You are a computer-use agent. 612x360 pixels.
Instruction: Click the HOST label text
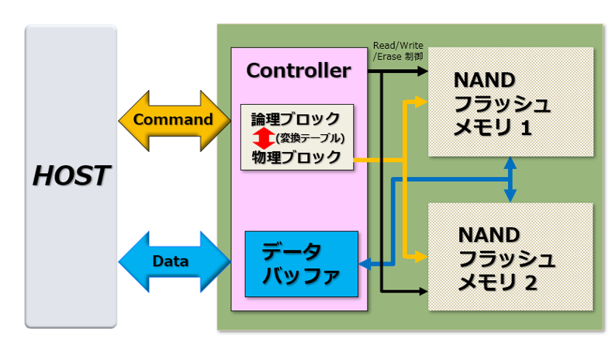coord(71,175)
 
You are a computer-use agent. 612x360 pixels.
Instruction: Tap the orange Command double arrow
coord(175,121)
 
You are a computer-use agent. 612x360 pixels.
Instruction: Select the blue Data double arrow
coord(175,261)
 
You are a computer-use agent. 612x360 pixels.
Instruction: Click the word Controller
coord(299,71)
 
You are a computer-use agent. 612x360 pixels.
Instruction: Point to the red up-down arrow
coord(264,138)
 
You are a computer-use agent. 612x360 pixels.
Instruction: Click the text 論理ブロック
coord(296,119)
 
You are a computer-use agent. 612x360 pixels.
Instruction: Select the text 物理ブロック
coord(296,157)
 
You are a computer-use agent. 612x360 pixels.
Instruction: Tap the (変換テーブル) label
coord(310,138)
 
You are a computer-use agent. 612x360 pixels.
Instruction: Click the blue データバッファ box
coord(301,264)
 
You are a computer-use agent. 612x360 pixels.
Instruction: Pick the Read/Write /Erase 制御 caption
coord(398,51)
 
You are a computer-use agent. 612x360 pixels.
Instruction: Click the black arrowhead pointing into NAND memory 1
coord(423,71)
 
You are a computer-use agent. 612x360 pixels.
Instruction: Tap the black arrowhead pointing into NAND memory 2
coord(423,291)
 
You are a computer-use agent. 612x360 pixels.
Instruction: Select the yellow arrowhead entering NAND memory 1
coord(421,102)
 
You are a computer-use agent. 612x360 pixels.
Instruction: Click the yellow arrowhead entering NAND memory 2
coord(421,257)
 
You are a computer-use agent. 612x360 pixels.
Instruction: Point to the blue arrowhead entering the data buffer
coord(365,265)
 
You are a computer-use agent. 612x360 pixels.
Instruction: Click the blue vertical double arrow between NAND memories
coord(510,179)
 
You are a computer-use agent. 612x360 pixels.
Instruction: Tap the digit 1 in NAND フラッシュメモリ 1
coord(526,128)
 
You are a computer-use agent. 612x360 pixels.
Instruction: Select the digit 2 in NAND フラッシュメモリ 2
coord(530,283)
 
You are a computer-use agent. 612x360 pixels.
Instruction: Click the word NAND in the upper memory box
coord(484,80)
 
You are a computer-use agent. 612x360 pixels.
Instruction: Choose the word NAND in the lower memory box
coord(489,235)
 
